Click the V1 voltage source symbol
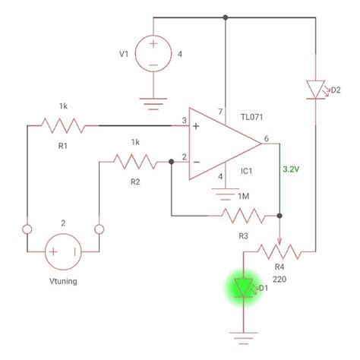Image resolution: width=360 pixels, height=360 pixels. (x=153, y=55)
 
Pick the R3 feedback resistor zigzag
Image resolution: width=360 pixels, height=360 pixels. (x=243, y=217)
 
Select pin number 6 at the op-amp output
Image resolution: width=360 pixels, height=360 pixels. (x=266, y=138)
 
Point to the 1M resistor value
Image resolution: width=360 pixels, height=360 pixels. (x=243, y=197)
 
